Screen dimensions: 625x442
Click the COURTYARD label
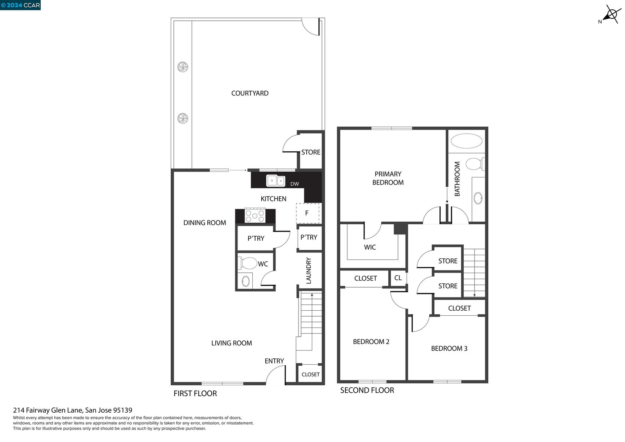coord(250,93)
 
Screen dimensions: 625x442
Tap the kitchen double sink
coord(276,181)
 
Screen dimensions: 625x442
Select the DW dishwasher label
coord(295,184)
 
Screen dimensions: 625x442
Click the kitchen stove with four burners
coord(255,216)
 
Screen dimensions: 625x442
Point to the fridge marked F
coord(307,213)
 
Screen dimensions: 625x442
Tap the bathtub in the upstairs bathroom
coord(466,141)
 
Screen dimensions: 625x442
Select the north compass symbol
coord(611,14)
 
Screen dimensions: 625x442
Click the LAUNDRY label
coord(308,270)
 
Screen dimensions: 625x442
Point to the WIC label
coord(370,247)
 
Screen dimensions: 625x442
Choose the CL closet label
coord(398,278)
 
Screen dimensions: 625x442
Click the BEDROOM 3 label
coord(449,349)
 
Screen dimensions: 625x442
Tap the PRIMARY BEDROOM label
coord(388,178)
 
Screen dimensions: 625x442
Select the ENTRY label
coord(274,361)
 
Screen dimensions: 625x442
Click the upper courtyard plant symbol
coord(183,67)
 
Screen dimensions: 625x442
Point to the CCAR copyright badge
coord(20,5)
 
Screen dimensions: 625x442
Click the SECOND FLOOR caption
coord(367,390)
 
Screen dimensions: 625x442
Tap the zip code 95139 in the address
coord(123,410)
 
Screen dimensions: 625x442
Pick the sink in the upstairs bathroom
coord(478,198)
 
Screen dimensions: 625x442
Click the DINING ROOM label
coord(205,223)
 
